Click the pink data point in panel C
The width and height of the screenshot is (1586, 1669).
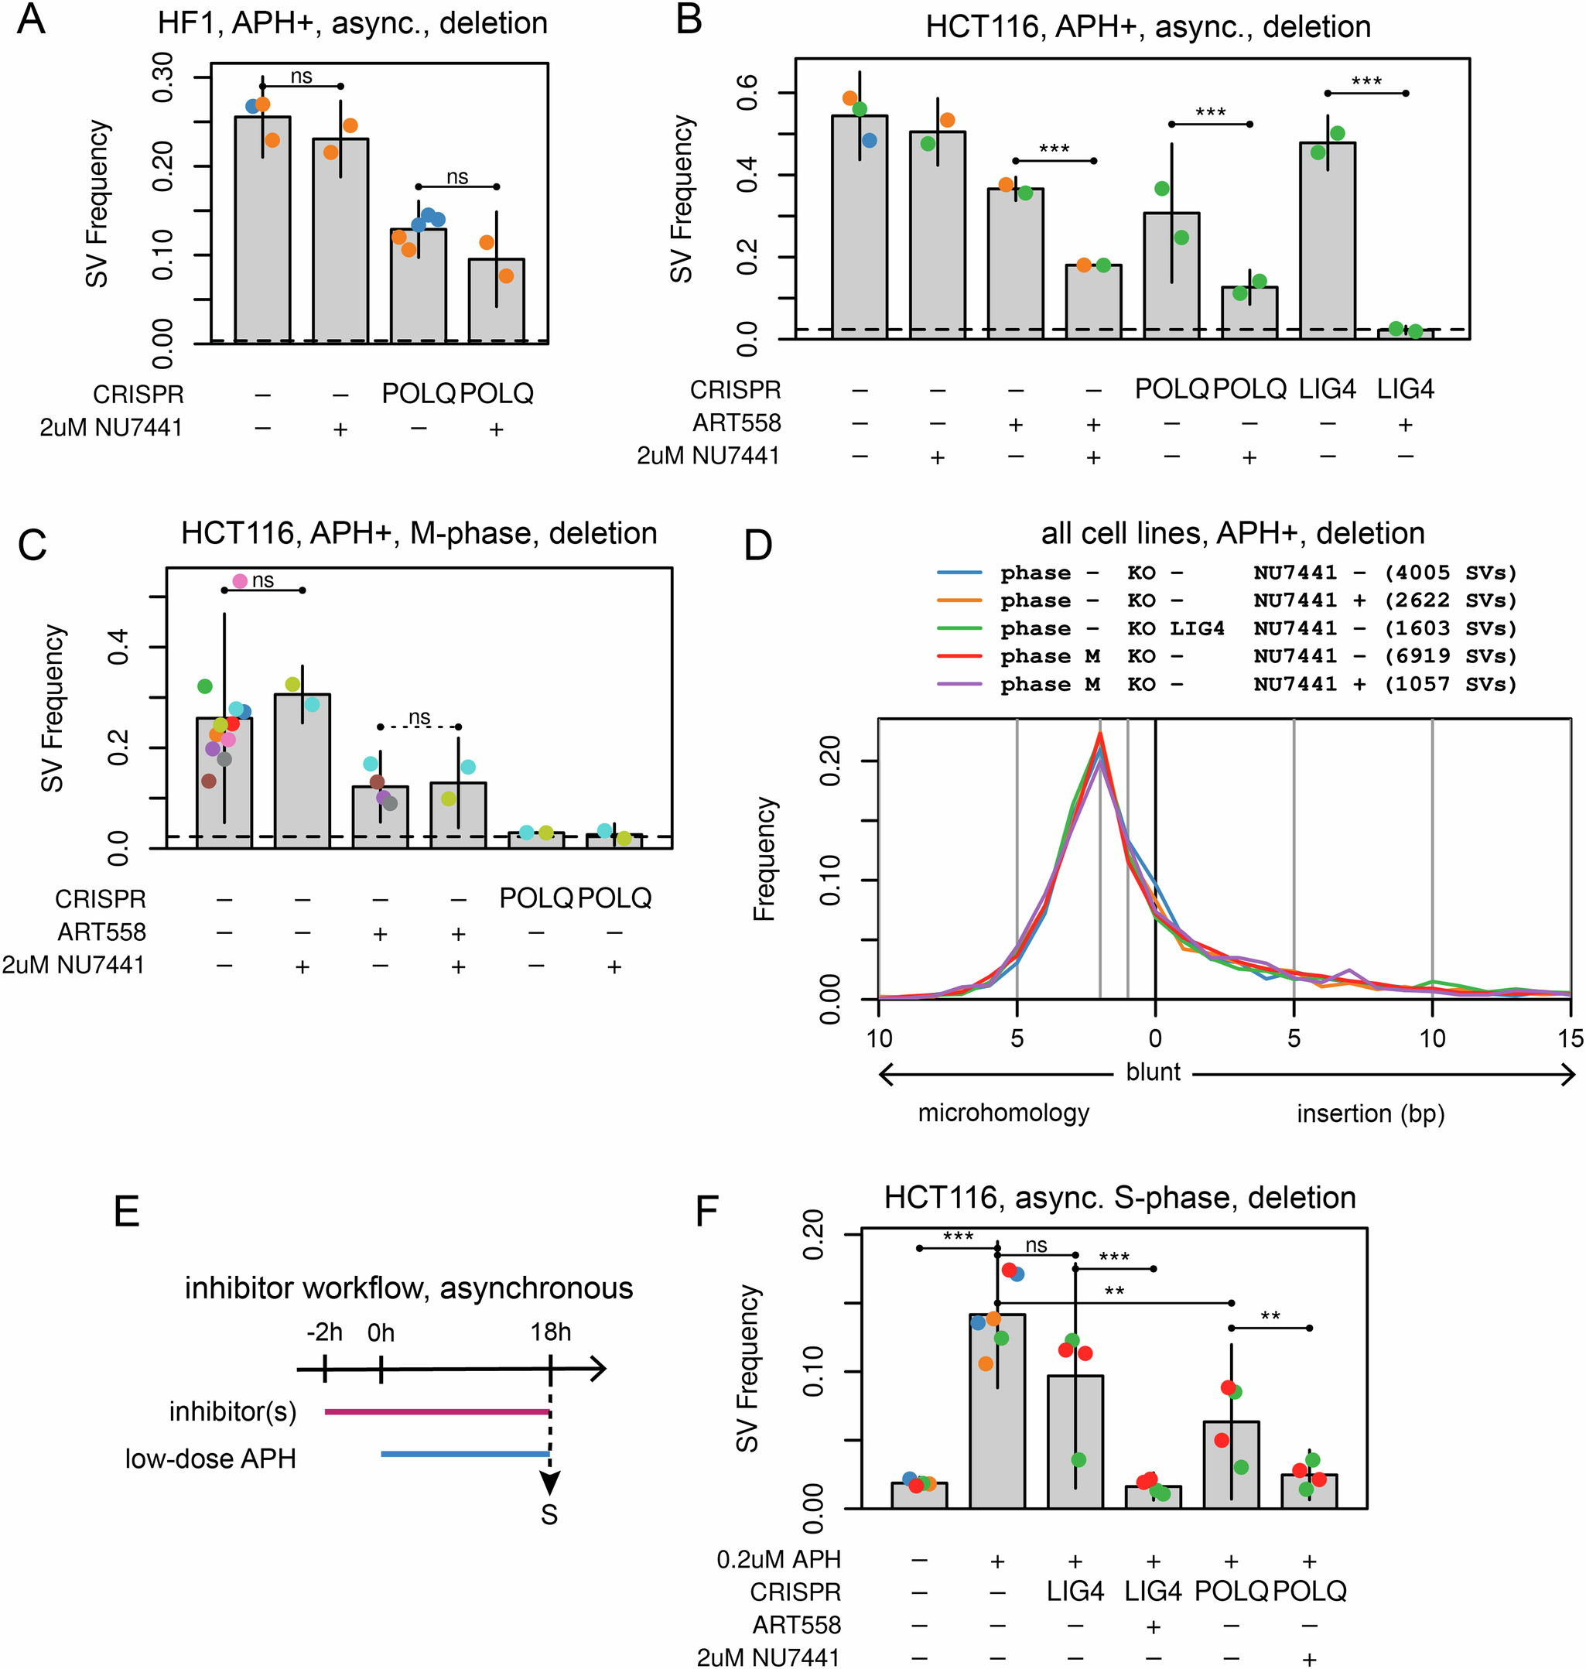click(240, 581)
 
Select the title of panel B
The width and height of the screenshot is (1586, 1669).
click(1148, 26)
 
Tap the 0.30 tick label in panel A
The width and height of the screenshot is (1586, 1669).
click(162, 78)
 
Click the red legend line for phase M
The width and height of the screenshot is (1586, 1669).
click(959, 656)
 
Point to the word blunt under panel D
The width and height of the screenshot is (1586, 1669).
click(1154, 1072)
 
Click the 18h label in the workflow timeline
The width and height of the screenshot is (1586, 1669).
click(550, 1332)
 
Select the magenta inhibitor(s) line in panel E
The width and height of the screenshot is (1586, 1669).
click(437, 1411)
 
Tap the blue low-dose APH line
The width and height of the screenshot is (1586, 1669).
click(465, 1453)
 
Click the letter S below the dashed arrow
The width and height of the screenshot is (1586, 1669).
click(549, 1514)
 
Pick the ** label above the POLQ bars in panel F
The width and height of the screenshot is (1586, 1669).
click(1270, 1316)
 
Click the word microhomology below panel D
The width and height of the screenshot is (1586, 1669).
click(1003, 1113)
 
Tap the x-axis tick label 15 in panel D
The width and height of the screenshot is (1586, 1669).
click(1570, 1038)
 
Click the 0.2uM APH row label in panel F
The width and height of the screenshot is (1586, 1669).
click(778, 1558)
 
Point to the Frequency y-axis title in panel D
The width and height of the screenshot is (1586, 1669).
click(764, 858)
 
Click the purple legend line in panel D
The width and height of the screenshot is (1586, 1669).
click(959, 684)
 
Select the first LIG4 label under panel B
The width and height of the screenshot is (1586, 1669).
click(1328, 389)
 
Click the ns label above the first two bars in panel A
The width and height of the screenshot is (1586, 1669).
click(301, 77)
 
